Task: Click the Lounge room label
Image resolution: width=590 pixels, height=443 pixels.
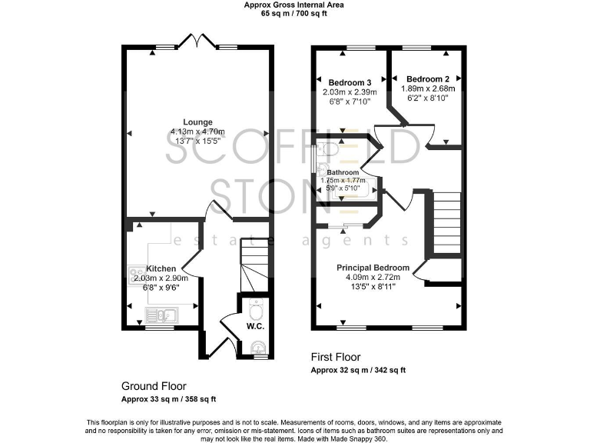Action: click(x=197, y=122)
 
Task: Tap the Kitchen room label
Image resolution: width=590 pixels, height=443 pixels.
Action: click(x=161, y=268)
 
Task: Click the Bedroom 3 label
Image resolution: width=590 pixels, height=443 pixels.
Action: click(x=350, y=83)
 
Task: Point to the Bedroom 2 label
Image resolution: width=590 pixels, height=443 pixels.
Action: click(x=427, y=79)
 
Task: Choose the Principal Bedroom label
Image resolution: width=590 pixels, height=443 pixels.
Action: click(x=373, y=268)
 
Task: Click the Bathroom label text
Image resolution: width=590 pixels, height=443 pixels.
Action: click(x=343, y=172)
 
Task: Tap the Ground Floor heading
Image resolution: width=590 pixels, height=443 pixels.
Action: click(x=154, y=385)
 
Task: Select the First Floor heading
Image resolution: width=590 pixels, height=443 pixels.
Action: click(x=336, y=357)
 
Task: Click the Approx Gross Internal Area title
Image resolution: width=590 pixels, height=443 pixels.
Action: click(x=294, y=5)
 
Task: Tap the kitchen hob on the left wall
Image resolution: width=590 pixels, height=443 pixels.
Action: click(x=135, y=273)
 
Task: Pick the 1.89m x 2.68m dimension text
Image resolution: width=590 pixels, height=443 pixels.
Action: click(x=427, y=88)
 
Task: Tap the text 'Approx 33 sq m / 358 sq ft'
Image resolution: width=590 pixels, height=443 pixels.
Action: click(x=169, y=399)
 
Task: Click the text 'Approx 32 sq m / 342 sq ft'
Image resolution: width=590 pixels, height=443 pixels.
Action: click(x=358, y=370)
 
